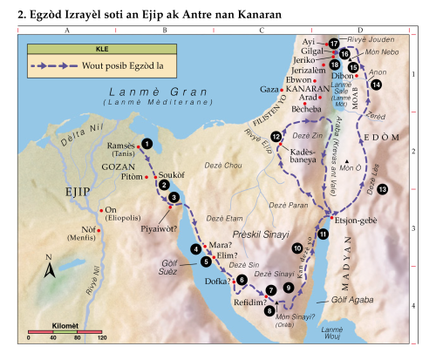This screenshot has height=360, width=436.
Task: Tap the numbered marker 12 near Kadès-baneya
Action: pos(276,137)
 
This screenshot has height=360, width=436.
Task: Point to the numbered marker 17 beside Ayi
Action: pos(334,43)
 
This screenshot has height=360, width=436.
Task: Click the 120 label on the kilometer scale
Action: pos(101,338)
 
